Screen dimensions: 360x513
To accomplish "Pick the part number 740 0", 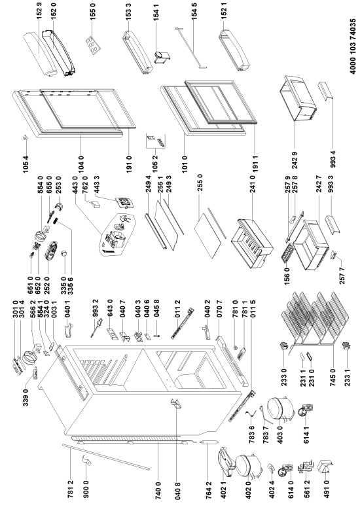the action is coord(158,487).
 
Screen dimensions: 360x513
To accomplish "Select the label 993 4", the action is coord(333,158).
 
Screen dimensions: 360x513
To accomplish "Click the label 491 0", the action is coord(326,487).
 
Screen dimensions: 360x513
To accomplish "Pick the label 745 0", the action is coord(333,377).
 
